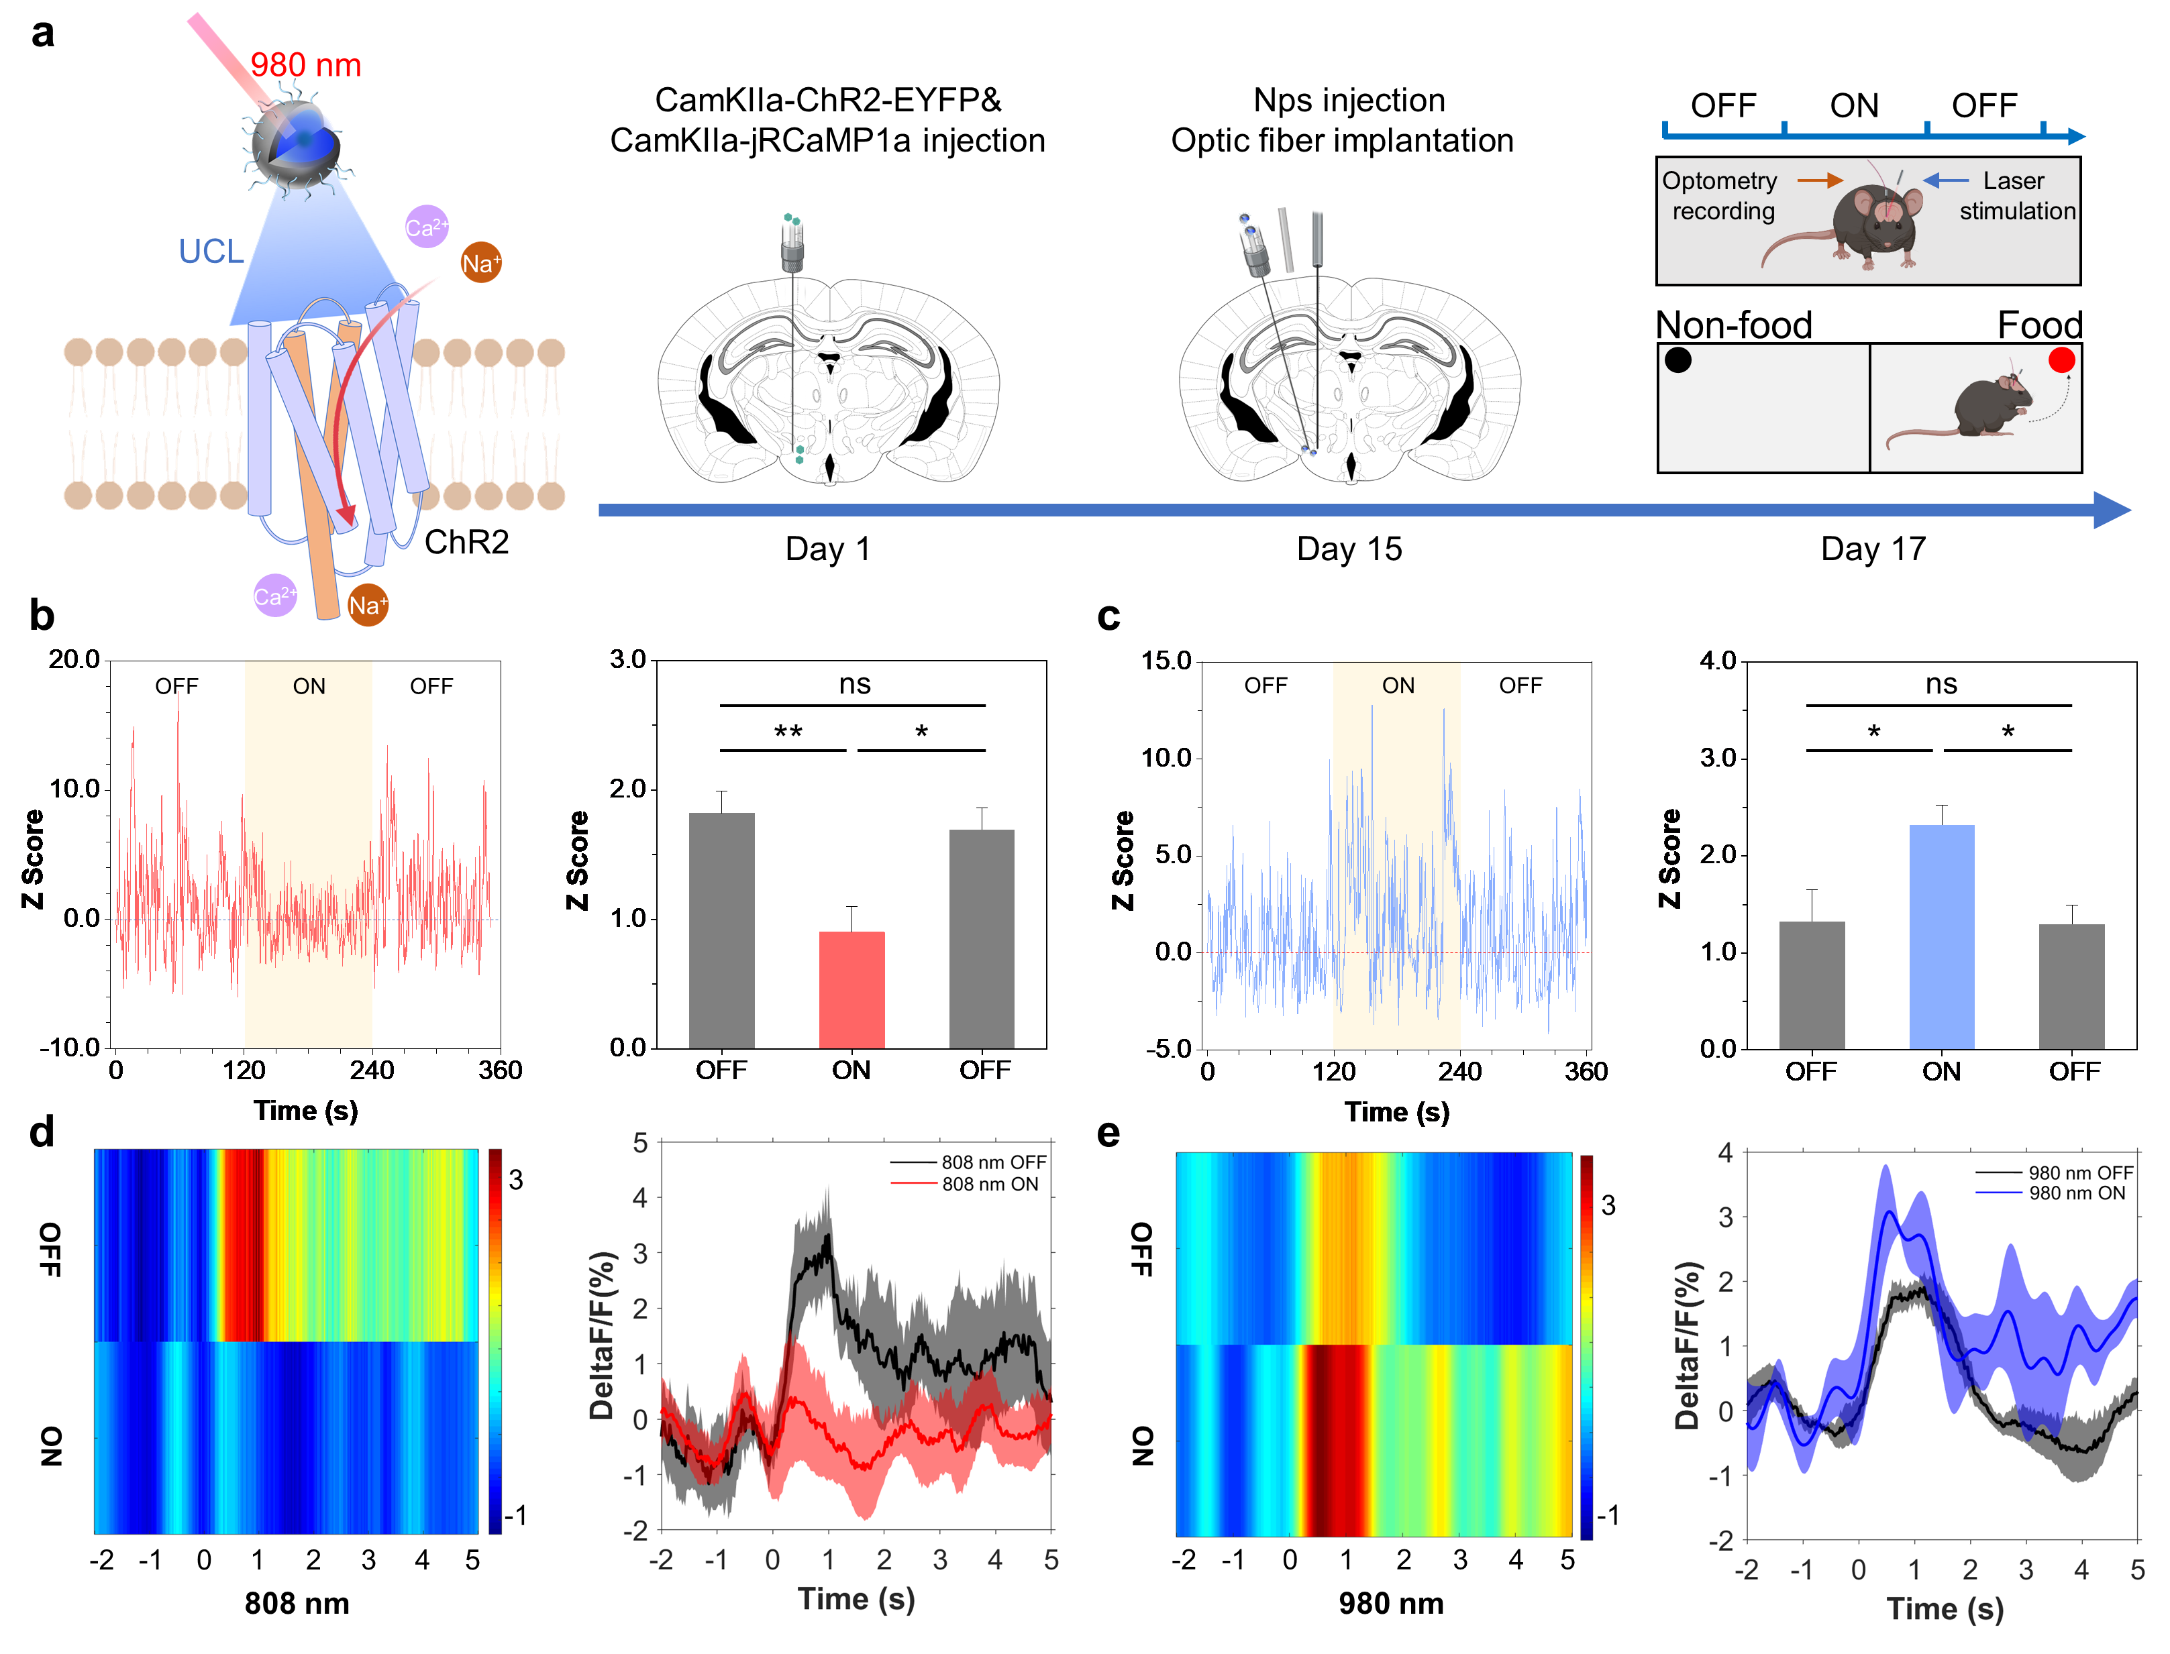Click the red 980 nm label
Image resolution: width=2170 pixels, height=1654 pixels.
[305, 65]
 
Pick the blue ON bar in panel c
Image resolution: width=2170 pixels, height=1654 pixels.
[1941, 937]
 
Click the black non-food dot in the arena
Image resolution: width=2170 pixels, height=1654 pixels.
[1677, 360]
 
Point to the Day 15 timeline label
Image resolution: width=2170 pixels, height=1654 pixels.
[1349, 549]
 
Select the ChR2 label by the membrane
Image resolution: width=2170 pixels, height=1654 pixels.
[466, 543]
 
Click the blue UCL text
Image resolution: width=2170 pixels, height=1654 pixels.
[211, 252]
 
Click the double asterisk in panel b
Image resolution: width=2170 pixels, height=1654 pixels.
[788, 732]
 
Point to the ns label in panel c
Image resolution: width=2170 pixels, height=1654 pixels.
[1941, 683]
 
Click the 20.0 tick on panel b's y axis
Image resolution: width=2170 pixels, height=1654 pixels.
[75, 659]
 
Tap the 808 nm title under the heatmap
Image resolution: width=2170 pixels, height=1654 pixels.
[297, 1604]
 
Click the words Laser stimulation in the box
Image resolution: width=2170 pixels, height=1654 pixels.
[2016, 196]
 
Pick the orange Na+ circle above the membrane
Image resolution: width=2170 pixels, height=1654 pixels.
[480, 263]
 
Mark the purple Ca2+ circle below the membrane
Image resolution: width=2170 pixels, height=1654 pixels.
[275, 596]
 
